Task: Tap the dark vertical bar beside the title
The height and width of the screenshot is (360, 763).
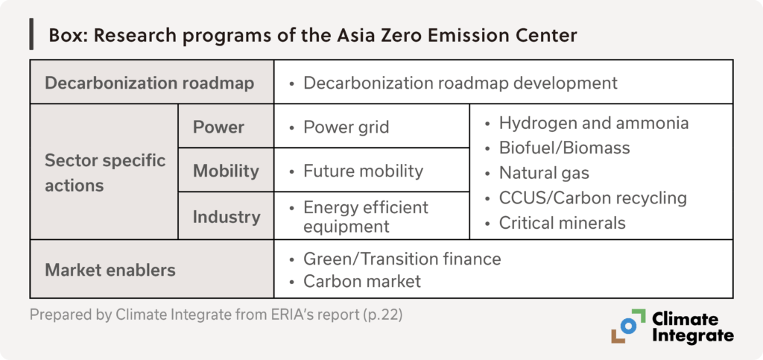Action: click(x=31, y=34)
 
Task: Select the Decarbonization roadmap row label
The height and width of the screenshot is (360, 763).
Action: click(x=149, y=83)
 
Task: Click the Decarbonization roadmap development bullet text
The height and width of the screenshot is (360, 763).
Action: click(x=460, y=83)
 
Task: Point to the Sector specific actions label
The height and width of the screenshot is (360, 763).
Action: click(x=105, y=173)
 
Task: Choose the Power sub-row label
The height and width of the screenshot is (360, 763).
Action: click(x=218, y=127)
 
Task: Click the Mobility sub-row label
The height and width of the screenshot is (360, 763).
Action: click(x=226, y=171)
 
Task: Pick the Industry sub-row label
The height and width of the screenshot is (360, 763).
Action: click(x=227, y=216)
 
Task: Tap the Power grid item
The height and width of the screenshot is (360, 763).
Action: click(x=346, y=127)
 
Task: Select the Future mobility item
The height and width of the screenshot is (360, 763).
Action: click(x=363, y=171)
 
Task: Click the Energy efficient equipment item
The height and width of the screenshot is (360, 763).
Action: click(x=365, y=216)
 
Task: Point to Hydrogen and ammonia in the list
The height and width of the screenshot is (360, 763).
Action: click(x=594, y=123)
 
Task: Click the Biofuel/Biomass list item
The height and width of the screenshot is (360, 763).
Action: click(x=565, y=148)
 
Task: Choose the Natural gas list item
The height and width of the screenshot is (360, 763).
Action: click(x=544, y=173)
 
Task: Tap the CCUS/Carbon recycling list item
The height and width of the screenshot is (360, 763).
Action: click(x=592, y=198)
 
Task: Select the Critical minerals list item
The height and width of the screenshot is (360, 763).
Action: click(x=562, y=223)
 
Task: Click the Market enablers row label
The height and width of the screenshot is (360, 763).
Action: click(x=110, y=270)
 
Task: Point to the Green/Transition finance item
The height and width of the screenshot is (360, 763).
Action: click(x=402, y=259)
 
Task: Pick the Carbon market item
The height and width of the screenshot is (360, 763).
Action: click(x=362, y=281)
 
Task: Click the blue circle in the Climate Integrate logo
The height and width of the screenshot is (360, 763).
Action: click(x=628, y=326)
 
